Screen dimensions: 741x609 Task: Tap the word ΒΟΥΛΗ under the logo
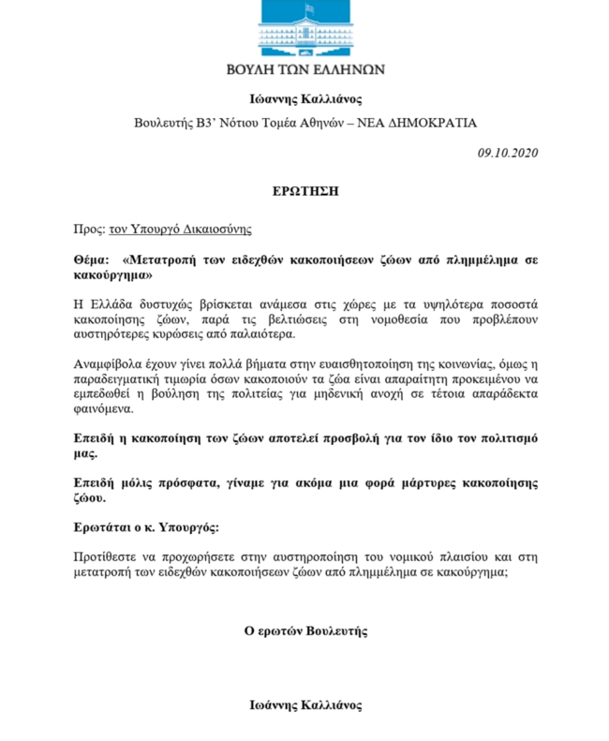[x=252, y=69]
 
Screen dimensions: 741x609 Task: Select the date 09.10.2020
[x=508, y=152]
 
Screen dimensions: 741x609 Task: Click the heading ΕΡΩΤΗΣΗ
[x=304, y=190]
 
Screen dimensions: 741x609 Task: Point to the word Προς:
[x=87, y=229]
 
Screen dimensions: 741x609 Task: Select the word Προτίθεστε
[x=106, y=559]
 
